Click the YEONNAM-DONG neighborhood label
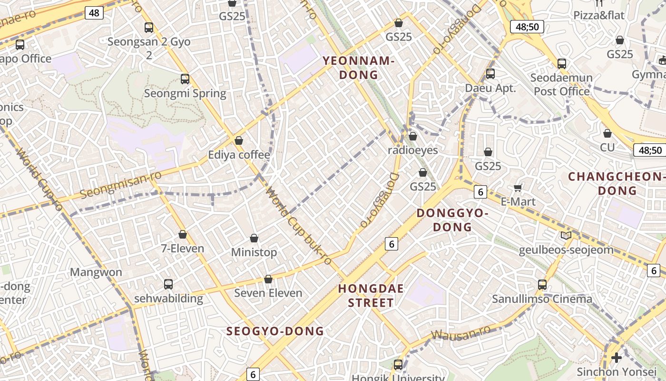click(x=358, y=68)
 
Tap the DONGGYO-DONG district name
click(x=452, y=220)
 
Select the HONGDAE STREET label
click(x=371, y=295)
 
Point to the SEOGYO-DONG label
click(x=275, y=331)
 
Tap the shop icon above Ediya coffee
click(x=239, y=140)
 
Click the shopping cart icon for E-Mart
click(x=518, y=188)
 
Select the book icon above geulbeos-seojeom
click(x=566, y=235)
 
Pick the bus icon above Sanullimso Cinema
click(x=542, y=285)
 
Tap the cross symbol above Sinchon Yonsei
click(x=617, y=357)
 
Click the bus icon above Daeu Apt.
click(x=490, y=74)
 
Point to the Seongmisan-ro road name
click(x=120, y=185)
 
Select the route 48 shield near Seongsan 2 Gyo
click(x=94, y=13)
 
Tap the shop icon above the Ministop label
click(x=254, y=238)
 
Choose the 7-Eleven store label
click(x=183, y=248)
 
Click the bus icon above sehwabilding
click(x=168, y=284)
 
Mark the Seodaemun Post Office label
click(x=561, y=84)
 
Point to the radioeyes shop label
click(x=412, y=150)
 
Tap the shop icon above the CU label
click(x=607, y=133)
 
